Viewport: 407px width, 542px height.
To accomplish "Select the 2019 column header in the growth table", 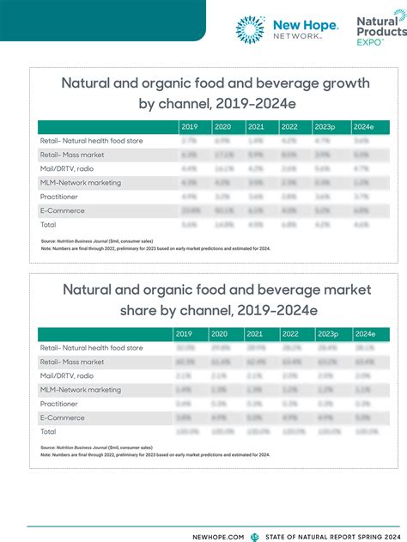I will click(x=190, y=126).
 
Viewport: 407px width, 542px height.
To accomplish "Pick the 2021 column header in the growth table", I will click(x=257, y=126).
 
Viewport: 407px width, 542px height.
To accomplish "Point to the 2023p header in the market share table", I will click(x=326, y=333).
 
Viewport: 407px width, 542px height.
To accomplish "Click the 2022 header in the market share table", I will click(x=290, y=333).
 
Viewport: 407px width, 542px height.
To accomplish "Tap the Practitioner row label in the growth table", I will click(x=59, y=197).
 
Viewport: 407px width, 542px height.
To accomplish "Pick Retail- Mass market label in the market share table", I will click(x=73, y=362).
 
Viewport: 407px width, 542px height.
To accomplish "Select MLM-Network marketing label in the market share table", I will click(x=81, y=389).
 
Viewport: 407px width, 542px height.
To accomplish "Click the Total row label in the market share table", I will click(x=50, y=431).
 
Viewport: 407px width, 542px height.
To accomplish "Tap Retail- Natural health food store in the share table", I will click(x=91, y=348).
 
